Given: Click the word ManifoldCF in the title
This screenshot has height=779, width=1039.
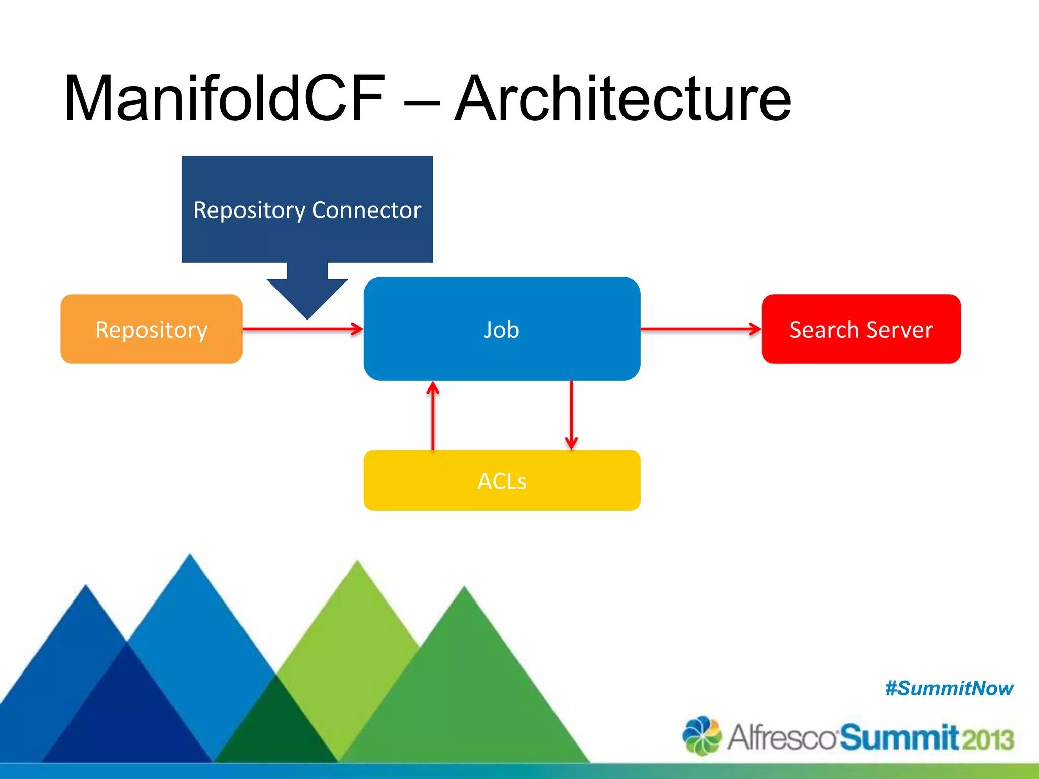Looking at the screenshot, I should click(x=223, y=99).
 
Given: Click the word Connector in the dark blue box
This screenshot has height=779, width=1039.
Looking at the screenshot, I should click(x=366, y=210).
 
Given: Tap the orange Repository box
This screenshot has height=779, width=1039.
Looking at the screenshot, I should click(x=151, y=329).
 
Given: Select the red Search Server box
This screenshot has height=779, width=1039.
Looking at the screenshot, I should click(x=861, y=329).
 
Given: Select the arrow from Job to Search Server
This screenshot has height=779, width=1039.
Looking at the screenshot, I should click(x=701, y=329).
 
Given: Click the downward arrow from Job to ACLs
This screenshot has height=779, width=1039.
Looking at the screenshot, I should click(x=571, y=415).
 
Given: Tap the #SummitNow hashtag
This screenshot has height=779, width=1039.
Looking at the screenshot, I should click(x=949, y=689).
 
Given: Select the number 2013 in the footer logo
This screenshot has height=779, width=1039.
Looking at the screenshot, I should click(x=987, y=739).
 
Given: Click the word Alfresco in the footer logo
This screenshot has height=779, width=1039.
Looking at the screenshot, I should click(x=781, y=737).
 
